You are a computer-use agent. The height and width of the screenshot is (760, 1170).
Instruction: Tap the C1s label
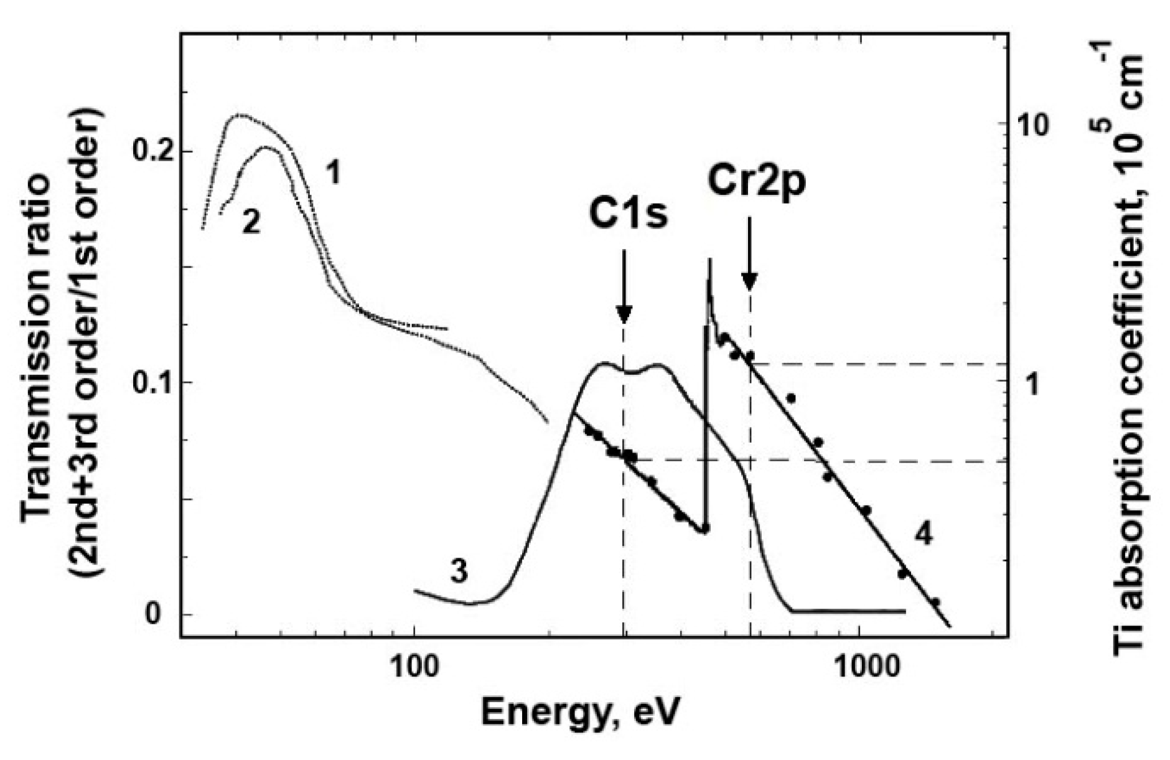[x=629, y=215]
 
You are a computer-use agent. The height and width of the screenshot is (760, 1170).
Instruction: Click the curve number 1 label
[x=334, y=174]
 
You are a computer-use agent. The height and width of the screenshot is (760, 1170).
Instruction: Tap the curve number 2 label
[x=251, y=222]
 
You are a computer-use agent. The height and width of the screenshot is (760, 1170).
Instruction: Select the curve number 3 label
[x=459, y=572]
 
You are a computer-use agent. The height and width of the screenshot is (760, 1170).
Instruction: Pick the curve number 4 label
[x=924, y=534]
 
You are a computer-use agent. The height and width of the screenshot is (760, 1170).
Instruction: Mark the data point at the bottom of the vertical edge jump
[x=705, y=528]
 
